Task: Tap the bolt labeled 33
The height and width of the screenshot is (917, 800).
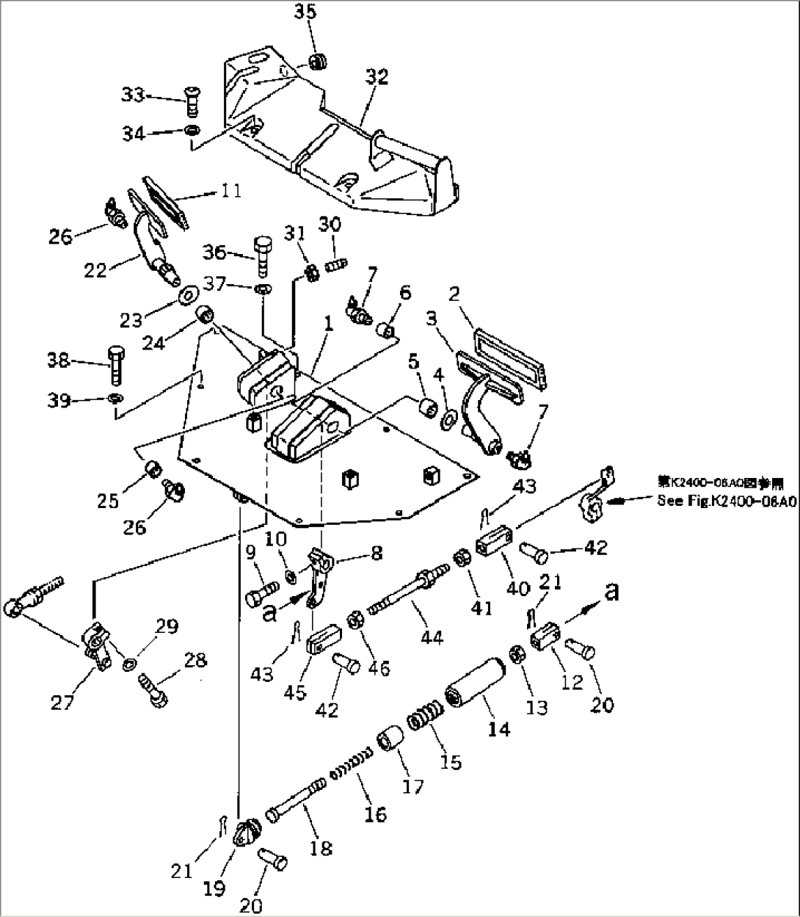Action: [192, 101]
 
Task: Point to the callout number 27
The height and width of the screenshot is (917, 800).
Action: [63, 703]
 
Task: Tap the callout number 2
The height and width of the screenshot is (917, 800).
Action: [454, 294]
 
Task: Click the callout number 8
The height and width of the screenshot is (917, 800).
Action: [376, 553]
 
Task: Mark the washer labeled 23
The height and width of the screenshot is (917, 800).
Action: [188, 296]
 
